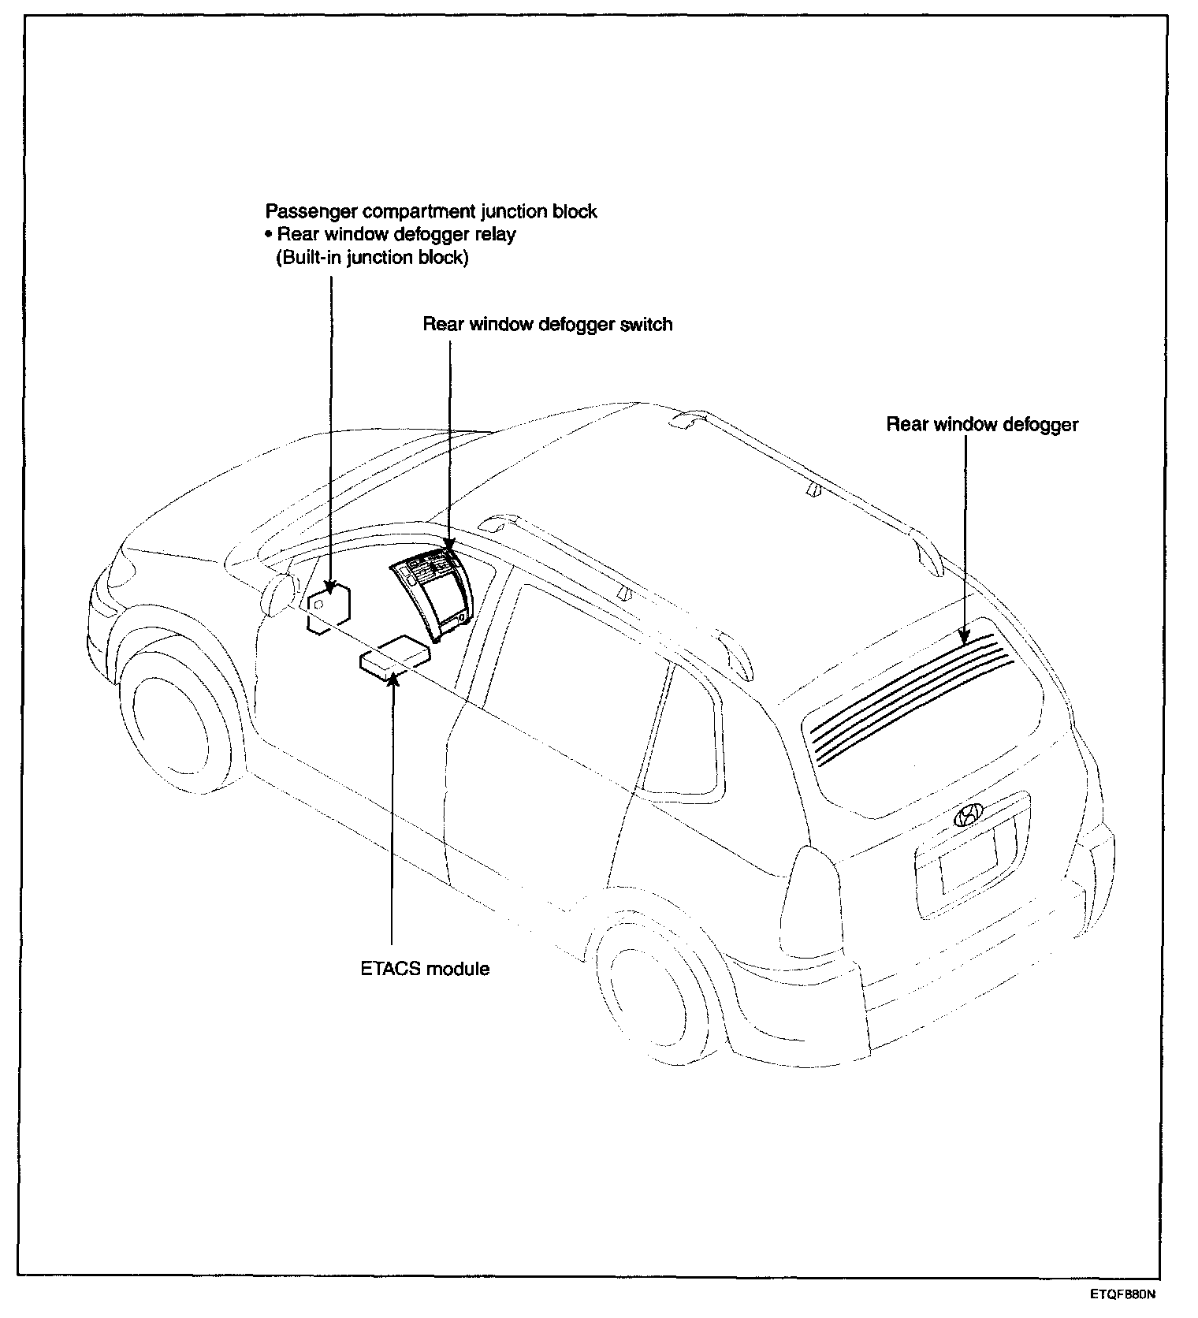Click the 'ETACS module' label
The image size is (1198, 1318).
[425, 968]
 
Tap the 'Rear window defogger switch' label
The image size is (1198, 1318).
[547, 324]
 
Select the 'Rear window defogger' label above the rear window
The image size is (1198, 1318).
[982, 424]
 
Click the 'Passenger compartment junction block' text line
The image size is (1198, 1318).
[431, 211]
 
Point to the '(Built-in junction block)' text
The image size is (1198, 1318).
[371, 258]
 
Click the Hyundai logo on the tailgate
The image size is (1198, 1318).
[969, 815]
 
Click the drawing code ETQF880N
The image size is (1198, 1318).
[1124, 1294]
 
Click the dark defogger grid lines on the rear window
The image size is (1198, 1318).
[906, 694]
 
